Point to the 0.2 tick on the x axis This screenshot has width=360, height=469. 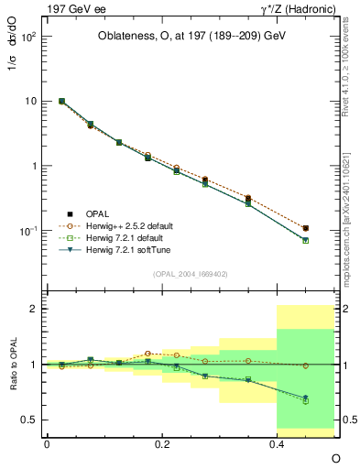(162, 442)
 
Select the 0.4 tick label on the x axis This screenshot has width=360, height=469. (278, 442)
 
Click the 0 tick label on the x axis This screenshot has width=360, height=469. (47, 442)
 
